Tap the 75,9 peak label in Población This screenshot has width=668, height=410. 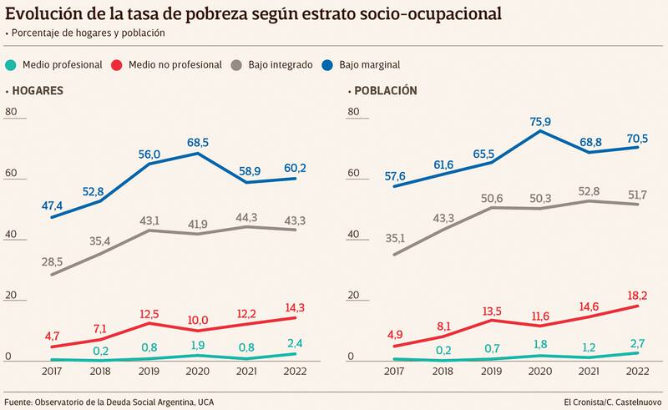click(542, 120)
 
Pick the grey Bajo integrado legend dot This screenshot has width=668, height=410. click(239, 63)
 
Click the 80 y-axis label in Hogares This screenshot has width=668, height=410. click(10, 114)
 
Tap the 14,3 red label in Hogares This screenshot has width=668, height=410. click(294, 306)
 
